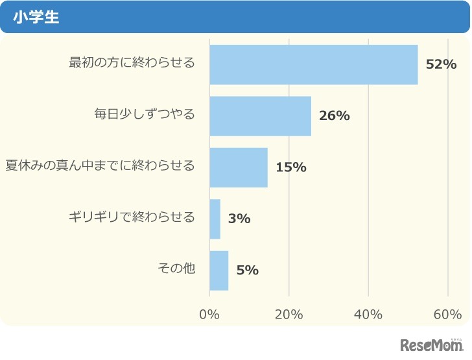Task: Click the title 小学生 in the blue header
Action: [40, 18]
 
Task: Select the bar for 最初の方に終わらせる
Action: [314, 65]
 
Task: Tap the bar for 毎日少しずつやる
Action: [260, 116]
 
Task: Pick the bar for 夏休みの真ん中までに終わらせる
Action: [239, 167]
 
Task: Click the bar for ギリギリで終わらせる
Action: [215, 219]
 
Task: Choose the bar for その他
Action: [219, 270]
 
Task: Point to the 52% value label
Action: [441, 65]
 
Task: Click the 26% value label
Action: [335, 116]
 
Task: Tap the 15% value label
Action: [290, 167]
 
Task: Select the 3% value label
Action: [239, 219]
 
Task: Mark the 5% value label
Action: [247, 270]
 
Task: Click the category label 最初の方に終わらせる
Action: [132, 63]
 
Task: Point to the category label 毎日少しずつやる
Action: [144, 114]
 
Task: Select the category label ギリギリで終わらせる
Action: [132, 217]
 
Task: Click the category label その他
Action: [176, 268]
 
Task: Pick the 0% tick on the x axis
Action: [209, 315]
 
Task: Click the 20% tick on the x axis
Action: [289, 315]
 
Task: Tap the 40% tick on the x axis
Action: [368, 315]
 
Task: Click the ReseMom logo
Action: [432, 344]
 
